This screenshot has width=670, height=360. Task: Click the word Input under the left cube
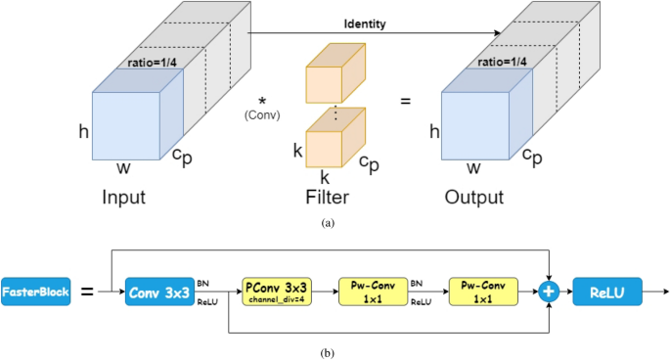click(x=124, y=197)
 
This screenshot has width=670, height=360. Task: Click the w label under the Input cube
click(x=123, y=168)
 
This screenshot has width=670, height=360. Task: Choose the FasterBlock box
click(x=35, y=291)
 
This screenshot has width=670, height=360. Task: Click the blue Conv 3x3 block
click(x=159, y=291)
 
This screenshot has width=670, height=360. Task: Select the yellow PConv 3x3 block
click(x=277, y=291)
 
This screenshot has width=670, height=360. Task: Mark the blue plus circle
click(x=549, y=291)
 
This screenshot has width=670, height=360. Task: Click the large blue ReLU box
click(x=614, y=291)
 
